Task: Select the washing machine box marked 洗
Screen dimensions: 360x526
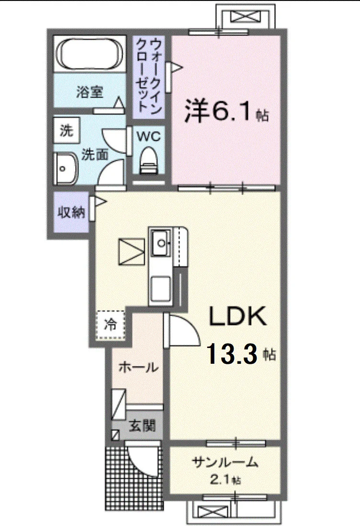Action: point(67,130)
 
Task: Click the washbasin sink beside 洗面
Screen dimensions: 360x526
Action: point(66,169)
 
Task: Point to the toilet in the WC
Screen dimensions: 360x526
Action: point(148,161)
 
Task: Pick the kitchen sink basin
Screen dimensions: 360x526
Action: point(161,243)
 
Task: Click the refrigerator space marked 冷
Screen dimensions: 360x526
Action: point(111,325)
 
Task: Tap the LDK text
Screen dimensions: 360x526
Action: point(238,316)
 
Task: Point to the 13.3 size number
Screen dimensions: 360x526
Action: point(232,354)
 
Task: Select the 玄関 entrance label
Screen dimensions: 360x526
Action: point(143,426)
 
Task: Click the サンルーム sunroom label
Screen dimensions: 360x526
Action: point(225,463)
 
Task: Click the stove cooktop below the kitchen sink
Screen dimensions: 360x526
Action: point(161,289)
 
